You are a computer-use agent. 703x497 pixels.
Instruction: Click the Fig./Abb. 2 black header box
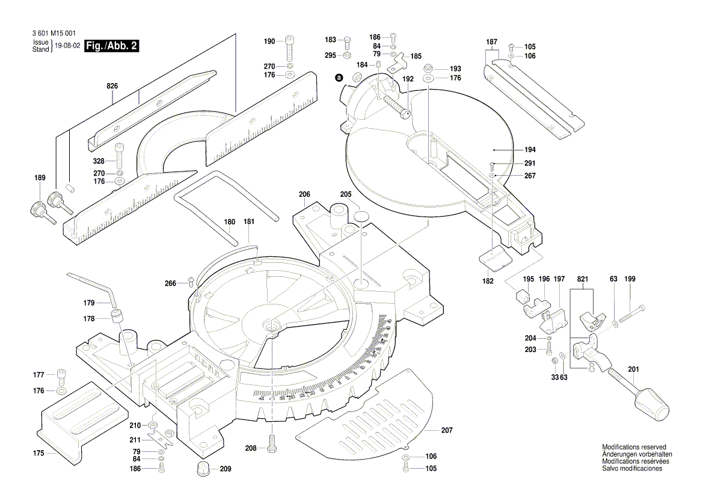(x=112, y=46)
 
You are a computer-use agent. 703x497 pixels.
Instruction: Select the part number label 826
(x=112, y=87)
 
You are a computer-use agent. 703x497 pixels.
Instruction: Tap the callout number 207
(x=446, y=430)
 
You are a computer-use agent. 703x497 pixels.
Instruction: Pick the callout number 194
(x=512, y=149)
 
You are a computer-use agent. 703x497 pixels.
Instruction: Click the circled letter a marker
(x=339, y=78)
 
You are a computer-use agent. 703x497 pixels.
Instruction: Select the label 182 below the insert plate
(x=488, y=281)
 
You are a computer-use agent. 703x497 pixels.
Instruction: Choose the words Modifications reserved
(x=634, y=447)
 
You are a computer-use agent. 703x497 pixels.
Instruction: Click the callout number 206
(x=304, y=194)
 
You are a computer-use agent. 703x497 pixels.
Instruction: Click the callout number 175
(x=38, y=453)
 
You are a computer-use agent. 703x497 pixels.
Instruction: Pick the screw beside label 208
(x=273, y=445)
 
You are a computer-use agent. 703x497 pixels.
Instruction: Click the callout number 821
(x=582, y=279)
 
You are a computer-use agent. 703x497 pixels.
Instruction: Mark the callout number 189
(x=40, y=178)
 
